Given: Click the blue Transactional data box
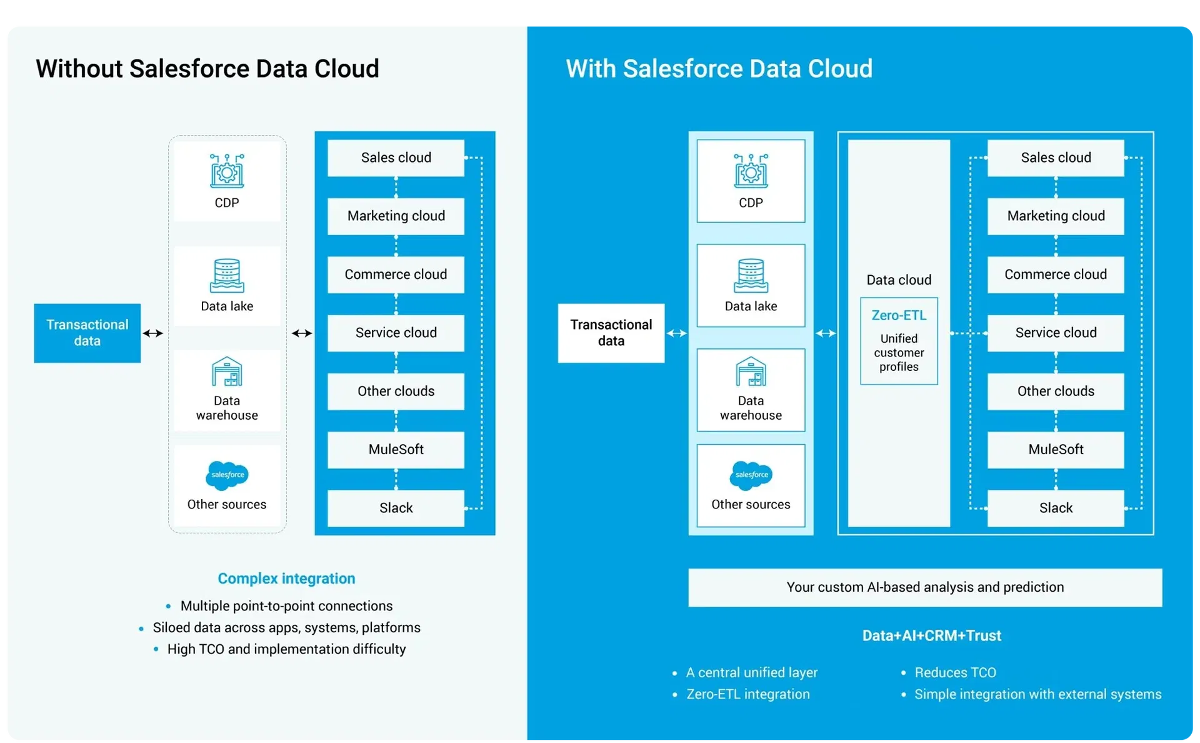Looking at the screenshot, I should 87,333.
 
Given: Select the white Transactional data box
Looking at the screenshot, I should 611,333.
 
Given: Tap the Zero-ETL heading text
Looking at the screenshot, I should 899,315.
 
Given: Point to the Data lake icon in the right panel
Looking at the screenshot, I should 751,275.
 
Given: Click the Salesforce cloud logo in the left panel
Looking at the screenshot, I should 227,475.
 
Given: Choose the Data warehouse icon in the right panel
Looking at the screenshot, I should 751,372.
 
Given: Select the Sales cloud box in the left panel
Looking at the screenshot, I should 396,158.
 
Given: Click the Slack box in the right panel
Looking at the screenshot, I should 1056,508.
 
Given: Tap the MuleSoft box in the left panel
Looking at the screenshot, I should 396,450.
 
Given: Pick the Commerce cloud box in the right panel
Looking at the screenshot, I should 1056,275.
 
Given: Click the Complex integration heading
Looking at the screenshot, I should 286,579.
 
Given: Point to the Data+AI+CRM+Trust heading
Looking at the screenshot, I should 931,635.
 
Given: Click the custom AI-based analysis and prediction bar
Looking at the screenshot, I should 925,587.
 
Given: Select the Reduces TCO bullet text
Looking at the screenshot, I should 955,672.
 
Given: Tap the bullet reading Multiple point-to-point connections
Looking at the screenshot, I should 286,606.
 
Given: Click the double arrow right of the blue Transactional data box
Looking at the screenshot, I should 153,333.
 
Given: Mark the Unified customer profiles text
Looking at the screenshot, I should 899,353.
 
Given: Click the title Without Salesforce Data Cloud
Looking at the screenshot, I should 207,69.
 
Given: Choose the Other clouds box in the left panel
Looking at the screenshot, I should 396,392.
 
